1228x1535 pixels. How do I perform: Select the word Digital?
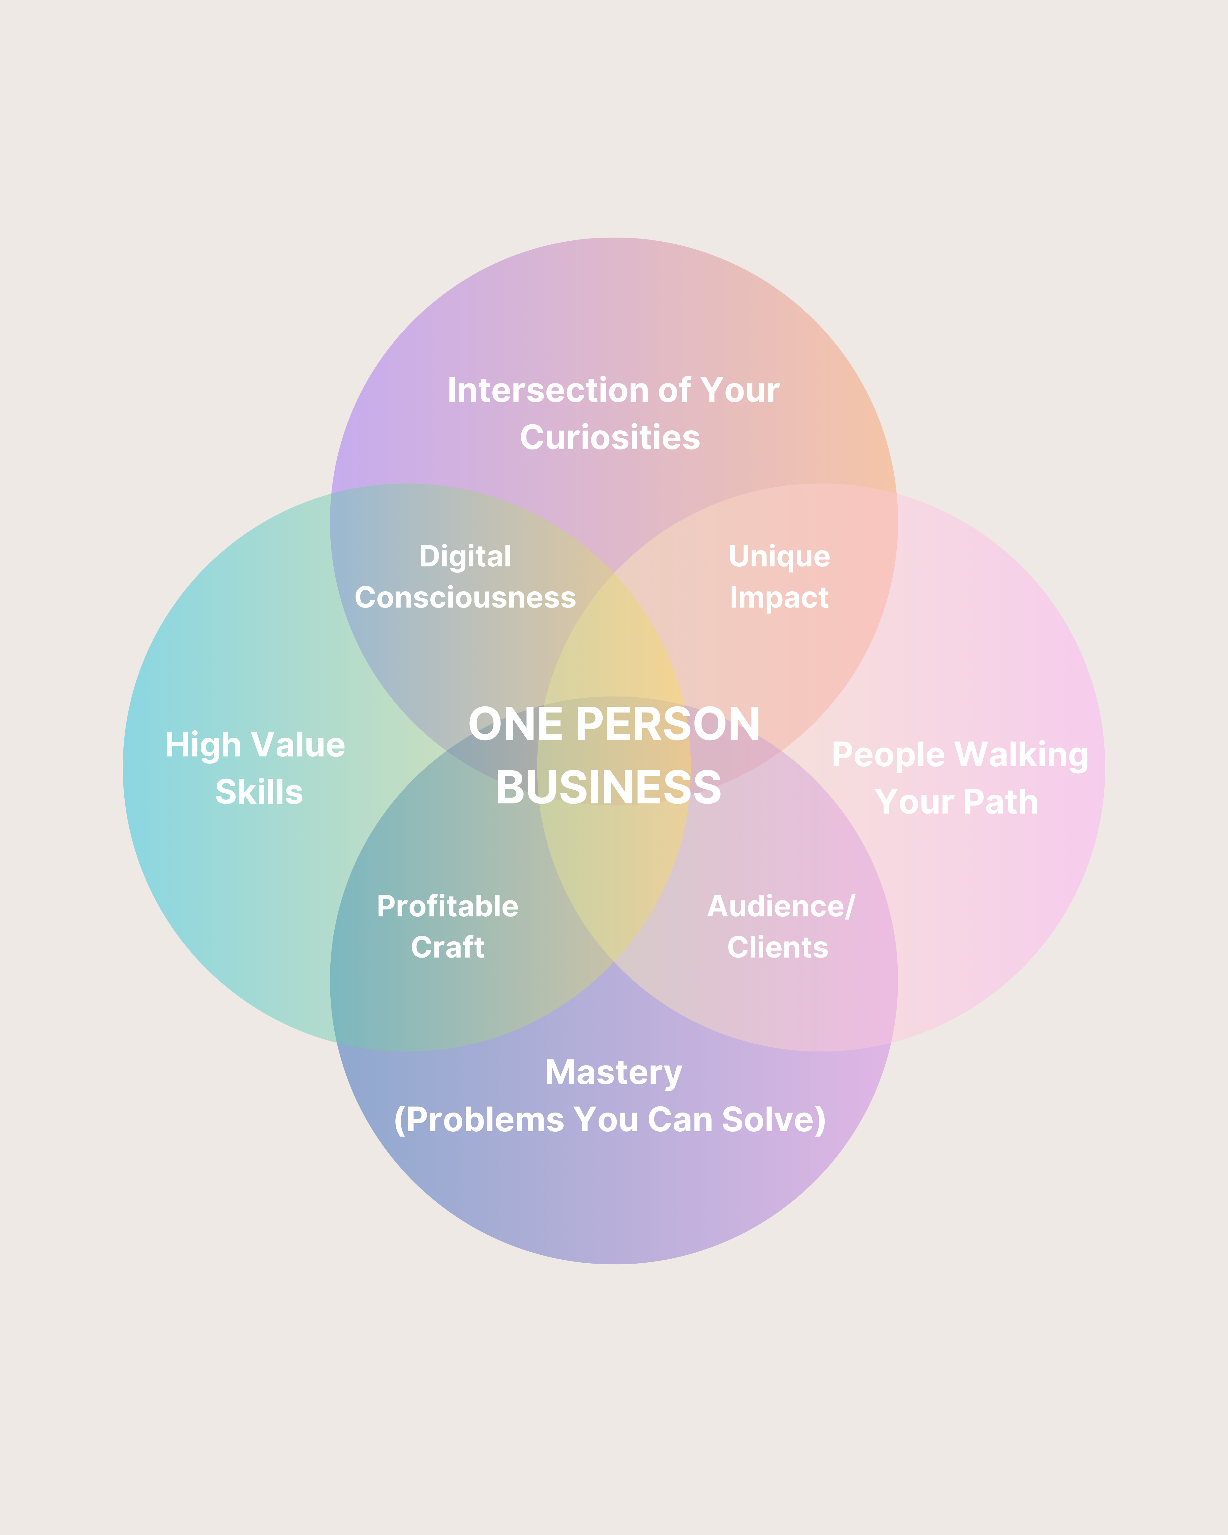(x=465, y=556)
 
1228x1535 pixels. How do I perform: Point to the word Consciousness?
(x=465, y=597)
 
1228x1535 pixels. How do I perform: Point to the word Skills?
(x=259, y=792)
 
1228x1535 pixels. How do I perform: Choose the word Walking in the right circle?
(x=1021, y=755)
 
